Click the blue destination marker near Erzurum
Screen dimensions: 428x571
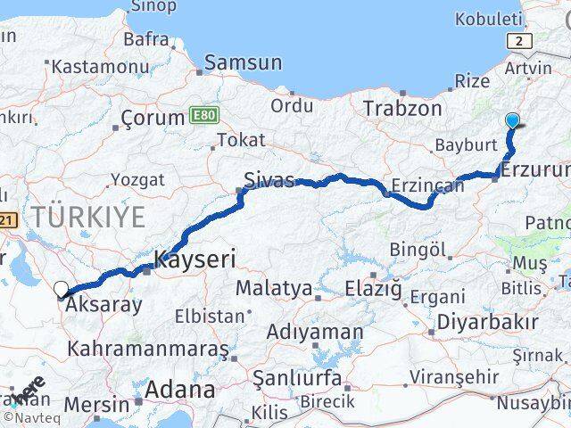click(512, 120)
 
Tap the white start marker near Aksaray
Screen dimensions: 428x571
click(62, 289)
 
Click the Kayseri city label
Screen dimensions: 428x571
click(194, 260)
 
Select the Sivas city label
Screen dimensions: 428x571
click(269, 181)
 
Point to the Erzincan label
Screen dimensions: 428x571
click(429, 186)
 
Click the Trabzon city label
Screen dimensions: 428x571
click(402, 108)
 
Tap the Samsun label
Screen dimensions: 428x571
click(243, 63)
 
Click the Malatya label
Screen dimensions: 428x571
click(274, 289)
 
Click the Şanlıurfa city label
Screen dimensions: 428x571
click(297, 378)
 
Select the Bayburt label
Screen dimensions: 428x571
click(465, 144)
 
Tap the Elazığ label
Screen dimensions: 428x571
click(374, 289)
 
